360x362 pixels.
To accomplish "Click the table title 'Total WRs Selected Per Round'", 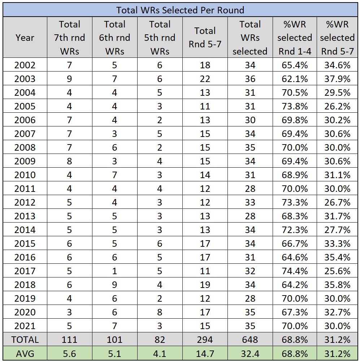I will [180, 10].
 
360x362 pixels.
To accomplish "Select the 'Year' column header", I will [25, 38].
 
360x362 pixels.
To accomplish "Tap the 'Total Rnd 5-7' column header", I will [205, 38].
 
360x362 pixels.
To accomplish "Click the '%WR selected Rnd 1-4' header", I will [295, 38].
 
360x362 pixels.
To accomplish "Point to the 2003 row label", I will [25, 79].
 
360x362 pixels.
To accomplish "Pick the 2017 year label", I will [25, 271].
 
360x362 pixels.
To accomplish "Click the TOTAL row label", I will [25, 340].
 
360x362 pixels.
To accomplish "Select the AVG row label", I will [25, 353].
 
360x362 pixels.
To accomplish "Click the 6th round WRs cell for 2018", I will [114, 285].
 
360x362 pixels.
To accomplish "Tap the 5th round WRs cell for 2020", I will [160, 312].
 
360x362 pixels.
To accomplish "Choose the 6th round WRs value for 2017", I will [114, 271].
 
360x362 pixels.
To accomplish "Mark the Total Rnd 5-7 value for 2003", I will [205, 79].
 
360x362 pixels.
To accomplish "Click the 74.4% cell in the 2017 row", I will [295, 271].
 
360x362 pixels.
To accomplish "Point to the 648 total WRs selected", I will [250, 340].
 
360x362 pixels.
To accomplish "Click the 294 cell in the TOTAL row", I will [205, 340].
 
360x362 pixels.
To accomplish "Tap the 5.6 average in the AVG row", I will [69, 353].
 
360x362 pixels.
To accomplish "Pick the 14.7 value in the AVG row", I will [205, 353].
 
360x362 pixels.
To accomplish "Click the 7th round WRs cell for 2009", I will [69, 161].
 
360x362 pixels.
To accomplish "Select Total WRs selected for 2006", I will [250, 120].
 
